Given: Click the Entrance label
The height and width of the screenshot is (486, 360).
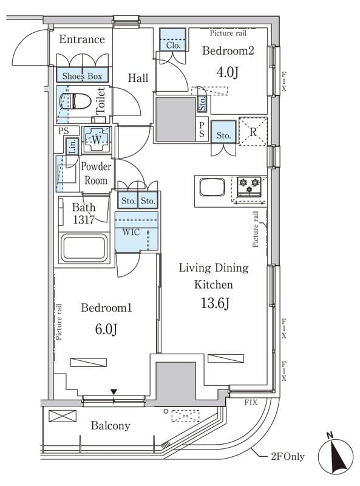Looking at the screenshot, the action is pyautogui.click(x=82, y=39).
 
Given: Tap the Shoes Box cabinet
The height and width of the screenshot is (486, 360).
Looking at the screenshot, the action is pyautogui.click(x=82, y=75).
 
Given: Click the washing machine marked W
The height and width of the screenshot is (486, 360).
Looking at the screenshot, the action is pyautogui.click(x=97, y=140).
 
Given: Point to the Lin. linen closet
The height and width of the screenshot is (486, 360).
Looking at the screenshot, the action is pyautogui.click(x=72, y=146).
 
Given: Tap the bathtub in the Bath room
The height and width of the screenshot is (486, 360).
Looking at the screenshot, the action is pyautogui.click(x=84, y=248).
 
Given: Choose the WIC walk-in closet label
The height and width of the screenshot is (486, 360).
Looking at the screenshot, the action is pyautogui.click(x=131, y=232).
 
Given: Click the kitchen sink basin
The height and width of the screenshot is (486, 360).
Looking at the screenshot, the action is pyautogui.click(x=212, y=187).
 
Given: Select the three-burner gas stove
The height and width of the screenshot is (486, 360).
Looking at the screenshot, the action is pyautogui.click(x=249, y=187).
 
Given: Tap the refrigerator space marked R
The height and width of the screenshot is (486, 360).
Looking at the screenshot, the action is pyautogui.click(x=253, y=131).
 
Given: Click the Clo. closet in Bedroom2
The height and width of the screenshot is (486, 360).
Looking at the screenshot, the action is pyautogui.click(x=173, y=39).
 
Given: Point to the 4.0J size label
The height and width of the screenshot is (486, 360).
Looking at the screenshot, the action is pyautogui.click(x=228, y=72).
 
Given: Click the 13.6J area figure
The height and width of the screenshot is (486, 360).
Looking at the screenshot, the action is pyautogui.click(x=216, y=303).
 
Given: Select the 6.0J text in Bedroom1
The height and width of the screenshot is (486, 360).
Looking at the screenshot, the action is pyautogui.click(x=106, y=329).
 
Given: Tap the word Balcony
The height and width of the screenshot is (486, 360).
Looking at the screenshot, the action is pyautogui.click(x=110, y=426).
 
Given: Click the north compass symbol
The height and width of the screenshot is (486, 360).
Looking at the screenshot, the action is pyautogui.click(x=336, y=457).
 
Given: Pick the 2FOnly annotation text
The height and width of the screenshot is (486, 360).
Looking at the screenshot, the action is pyautogui.click(x=288, y=457).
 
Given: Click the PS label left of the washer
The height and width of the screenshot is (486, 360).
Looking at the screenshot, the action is pyautogui.click(x=64, y=131).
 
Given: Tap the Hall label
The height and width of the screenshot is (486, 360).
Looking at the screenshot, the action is pyautogui.click(x=138, y=78).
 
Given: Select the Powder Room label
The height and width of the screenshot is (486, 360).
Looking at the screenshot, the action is pyautogui.click(x=96, y=173).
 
